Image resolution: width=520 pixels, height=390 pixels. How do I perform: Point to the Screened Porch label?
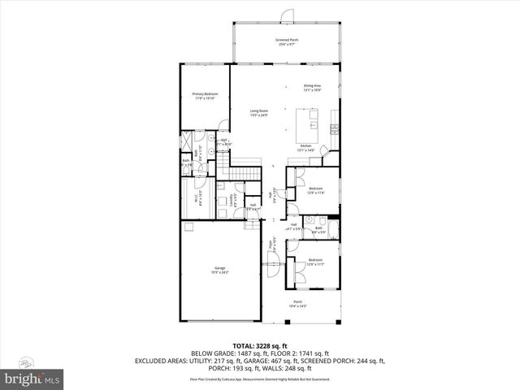click(x=286, y=41)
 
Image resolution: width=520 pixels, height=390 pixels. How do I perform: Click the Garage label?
click(x=219, y=270)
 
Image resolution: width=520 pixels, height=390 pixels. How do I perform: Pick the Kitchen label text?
click(x=305, y=148)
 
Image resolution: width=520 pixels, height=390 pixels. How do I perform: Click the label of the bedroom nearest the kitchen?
click(x=315, y=191)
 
